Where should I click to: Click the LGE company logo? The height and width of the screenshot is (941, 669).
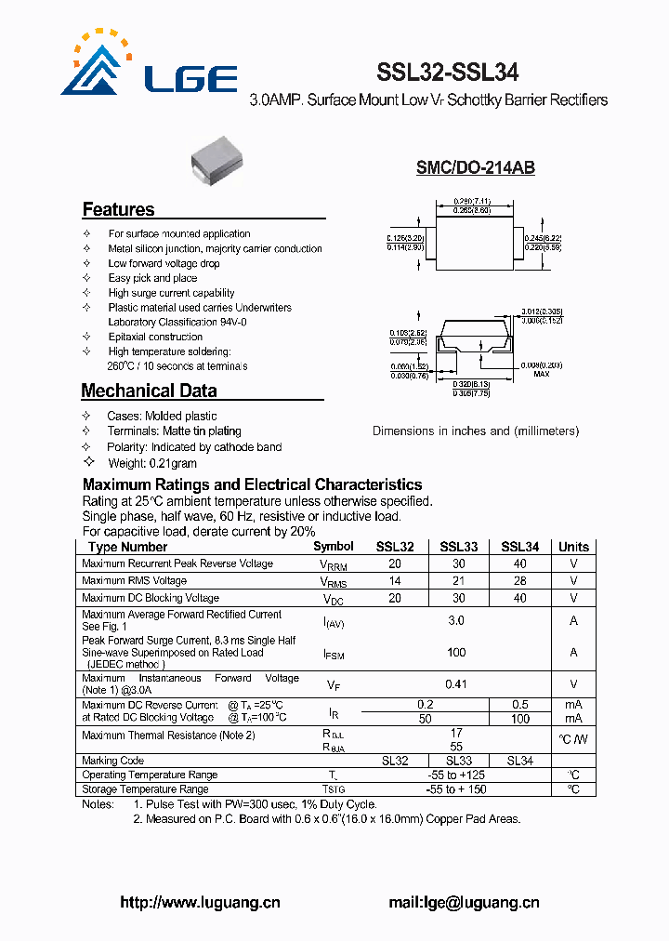coord(149,66)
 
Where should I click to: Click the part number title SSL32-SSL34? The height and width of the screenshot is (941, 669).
coord(447,73)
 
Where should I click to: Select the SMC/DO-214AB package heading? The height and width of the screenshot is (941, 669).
coord(475,168)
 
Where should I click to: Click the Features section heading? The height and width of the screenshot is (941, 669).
coord(118,209)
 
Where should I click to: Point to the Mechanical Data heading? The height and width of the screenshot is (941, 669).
coord(149,391)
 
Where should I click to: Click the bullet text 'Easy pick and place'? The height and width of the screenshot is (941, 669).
coord(152,278)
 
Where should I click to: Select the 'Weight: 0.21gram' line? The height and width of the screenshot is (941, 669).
coord(152,462)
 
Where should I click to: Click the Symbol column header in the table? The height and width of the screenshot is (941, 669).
coord(334,547)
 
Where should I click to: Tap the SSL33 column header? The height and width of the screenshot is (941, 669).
coord(458,547)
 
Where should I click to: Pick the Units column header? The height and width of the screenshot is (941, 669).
coord(573,547)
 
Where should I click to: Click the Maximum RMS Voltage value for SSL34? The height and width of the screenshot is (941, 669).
coord(519,580)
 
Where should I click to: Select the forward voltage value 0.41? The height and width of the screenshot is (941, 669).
coord(456,684)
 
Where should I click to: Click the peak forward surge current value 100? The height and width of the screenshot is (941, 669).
coord(456,653)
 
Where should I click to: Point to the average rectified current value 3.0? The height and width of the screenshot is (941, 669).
coord(456,620)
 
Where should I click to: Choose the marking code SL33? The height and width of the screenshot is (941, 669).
coord(458,761)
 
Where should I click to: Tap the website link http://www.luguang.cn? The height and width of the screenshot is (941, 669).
coord(201,902)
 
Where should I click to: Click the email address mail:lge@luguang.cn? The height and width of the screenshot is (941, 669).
coord(463,902)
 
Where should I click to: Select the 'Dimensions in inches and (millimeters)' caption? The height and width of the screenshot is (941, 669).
coord(475,431)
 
